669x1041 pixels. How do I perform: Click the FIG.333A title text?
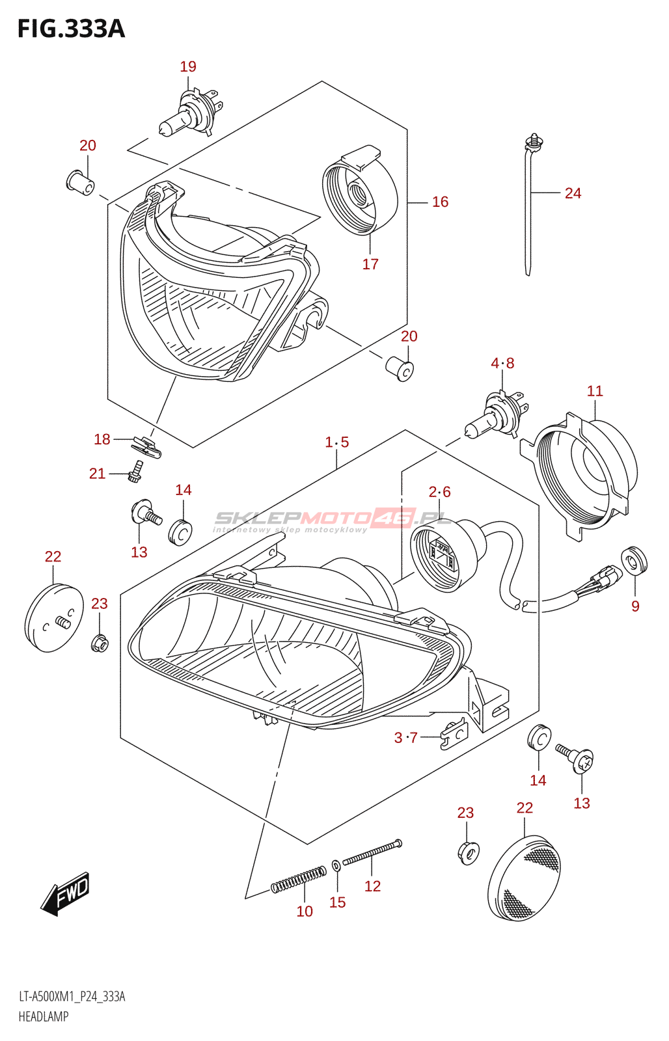71,29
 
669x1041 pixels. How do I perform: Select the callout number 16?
440,202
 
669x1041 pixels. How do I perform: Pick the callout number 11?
595,391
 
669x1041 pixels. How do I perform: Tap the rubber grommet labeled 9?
634,561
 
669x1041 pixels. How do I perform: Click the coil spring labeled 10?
299,879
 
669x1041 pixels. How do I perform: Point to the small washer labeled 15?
336,866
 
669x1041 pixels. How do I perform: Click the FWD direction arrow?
66,893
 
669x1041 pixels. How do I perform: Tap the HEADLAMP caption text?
44,1016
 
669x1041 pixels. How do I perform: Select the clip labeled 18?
146,447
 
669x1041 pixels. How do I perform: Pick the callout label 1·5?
337,442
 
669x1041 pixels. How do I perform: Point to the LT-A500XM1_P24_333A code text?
72,997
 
